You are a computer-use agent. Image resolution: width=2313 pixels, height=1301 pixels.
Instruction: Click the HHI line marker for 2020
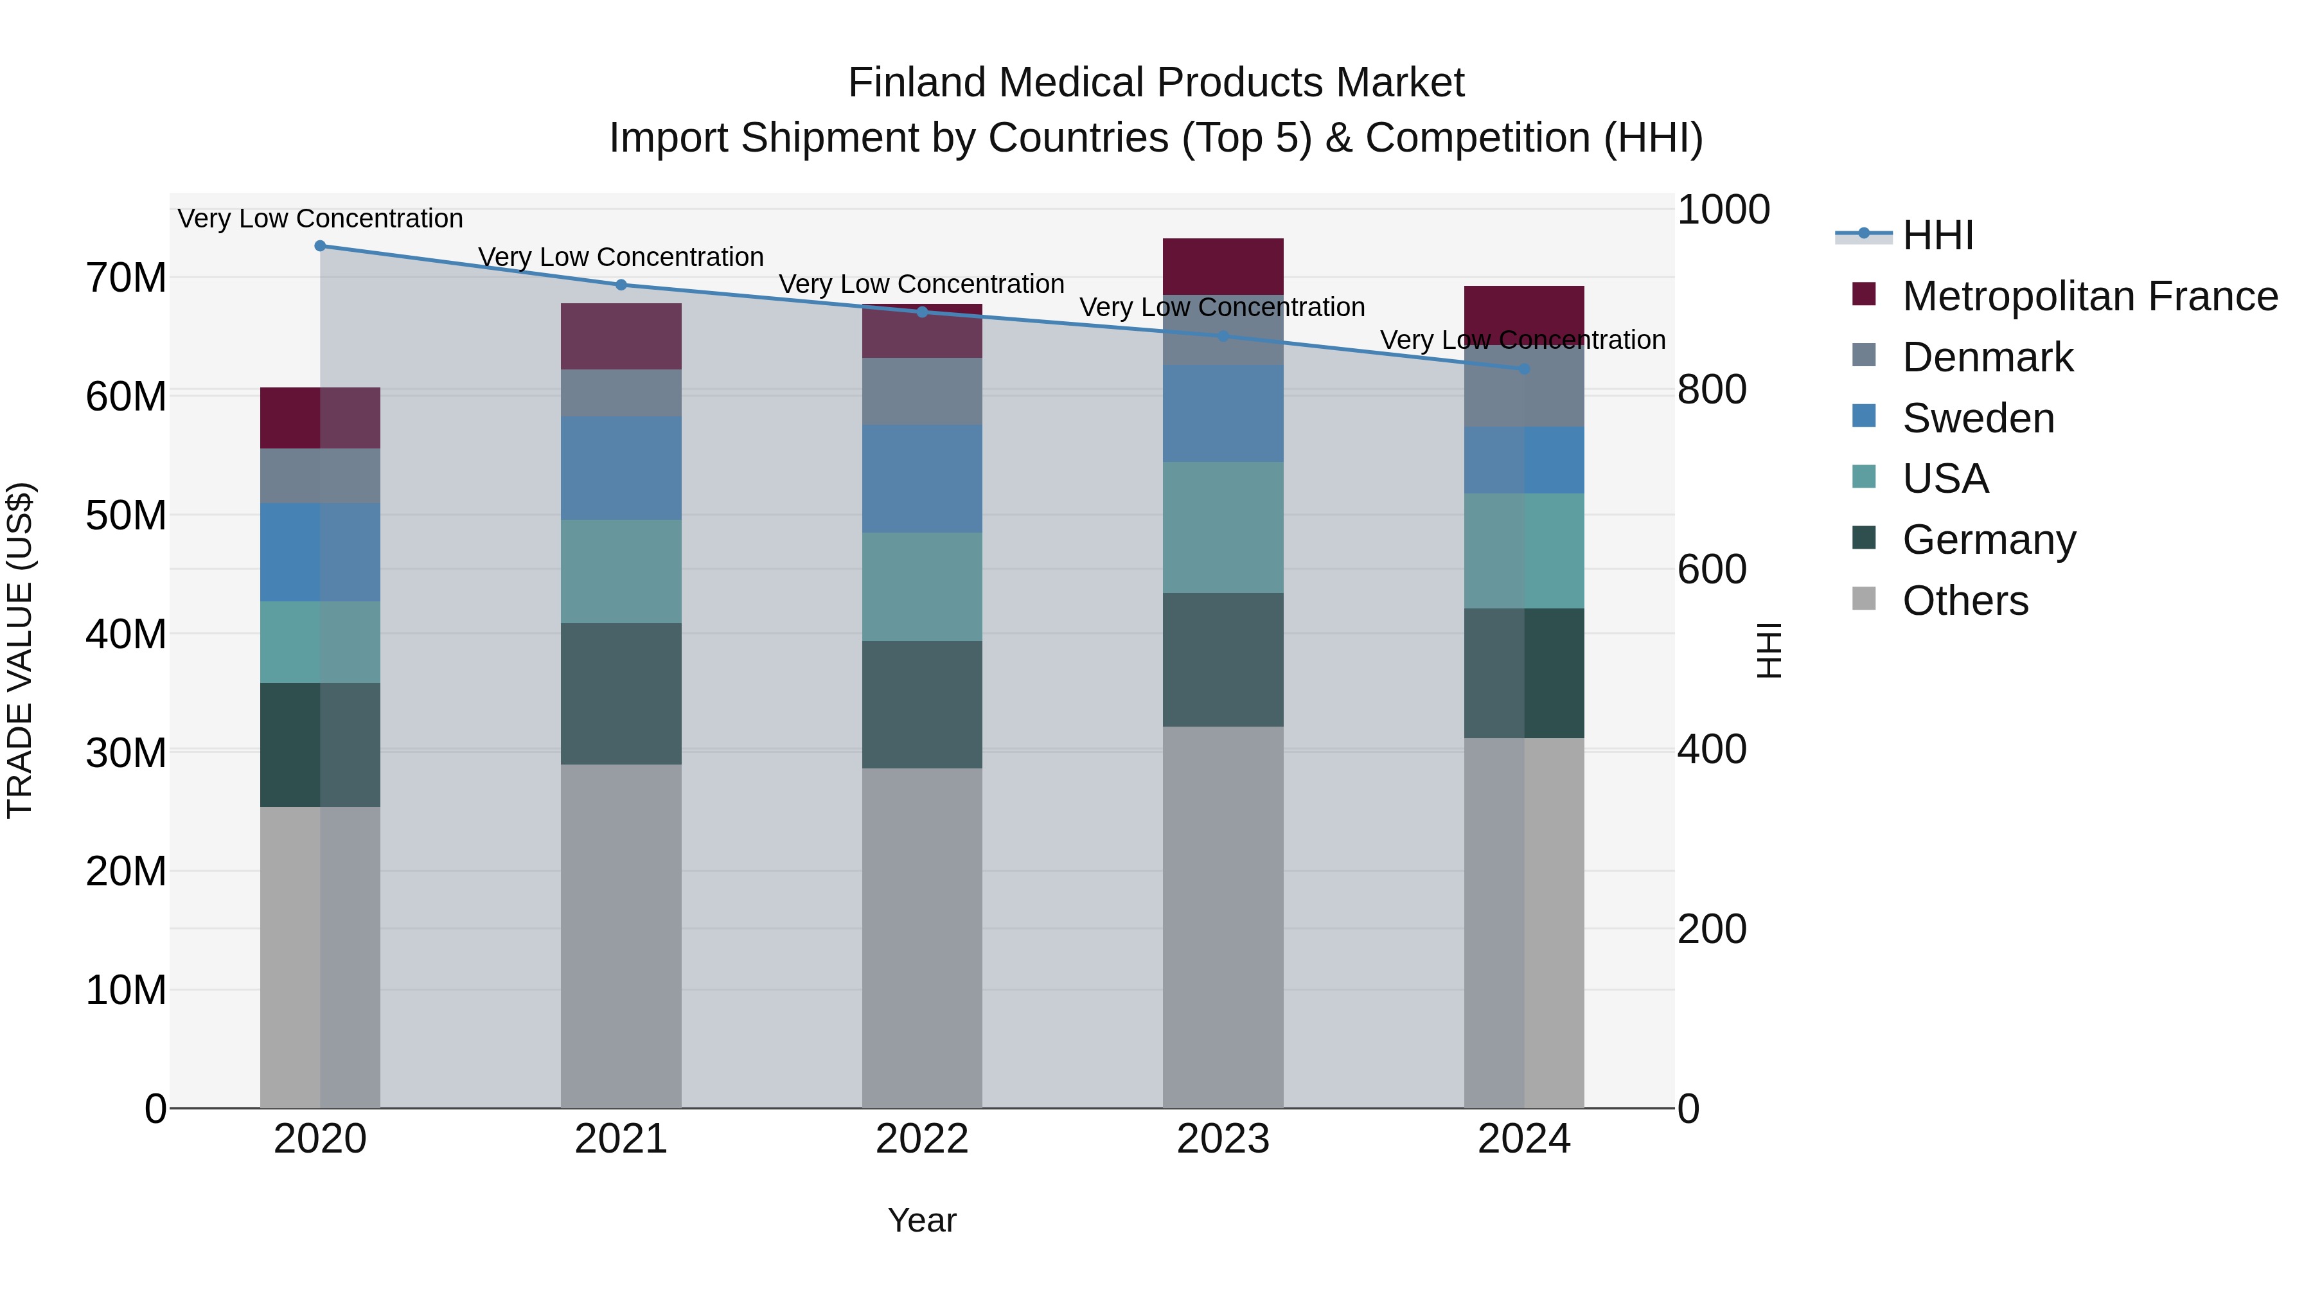[320, 246]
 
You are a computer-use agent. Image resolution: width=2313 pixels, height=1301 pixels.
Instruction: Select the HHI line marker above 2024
[1524, 369]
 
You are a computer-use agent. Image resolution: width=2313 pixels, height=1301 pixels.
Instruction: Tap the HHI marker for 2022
[922, 312]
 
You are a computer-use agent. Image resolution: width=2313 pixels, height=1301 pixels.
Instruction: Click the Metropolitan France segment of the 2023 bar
[1223, 267]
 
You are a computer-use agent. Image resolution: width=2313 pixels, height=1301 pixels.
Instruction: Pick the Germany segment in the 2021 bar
[621, 694]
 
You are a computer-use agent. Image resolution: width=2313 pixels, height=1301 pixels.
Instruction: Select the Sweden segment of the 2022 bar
[922, 479]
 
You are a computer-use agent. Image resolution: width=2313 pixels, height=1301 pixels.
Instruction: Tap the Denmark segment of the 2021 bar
[621, 393]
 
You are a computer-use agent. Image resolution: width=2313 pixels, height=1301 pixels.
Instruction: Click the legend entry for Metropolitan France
[2089, 296]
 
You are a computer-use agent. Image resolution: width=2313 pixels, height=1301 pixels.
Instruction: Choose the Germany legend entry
[1988, 540]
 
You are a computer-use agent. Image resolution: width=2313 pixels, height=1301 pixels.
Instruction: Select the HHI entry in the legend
[1938, 235]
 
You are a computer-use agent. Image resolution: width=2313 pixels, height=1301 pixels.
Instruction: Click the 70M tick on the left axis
[126, 278]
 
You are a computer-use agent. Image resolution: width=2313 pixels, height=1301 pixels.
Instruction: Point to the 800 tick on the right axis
[1712, 390]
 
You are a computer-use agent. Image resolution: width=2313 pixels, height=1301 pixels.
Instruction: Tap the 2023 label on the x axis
[1223, 1139]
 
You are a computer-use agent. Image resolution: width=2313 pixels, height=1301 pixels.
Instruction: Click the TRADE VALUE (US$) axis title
[20, 650]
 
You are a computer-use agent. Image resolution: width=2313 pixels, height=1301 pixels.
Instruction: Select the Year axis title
[922, 1220]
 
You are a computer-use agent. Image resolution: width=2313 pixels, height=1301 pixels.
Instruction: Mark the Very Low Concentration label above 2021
[621, 257]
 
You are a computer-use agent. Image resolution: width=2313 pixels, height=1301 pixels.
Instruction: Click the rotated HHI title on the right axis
[1768, 650]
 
